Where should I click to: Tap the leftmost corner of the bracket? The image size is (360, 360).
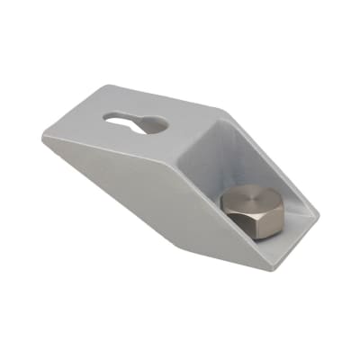40,138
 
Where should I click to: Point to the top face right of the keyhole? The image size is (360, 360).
189,121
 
